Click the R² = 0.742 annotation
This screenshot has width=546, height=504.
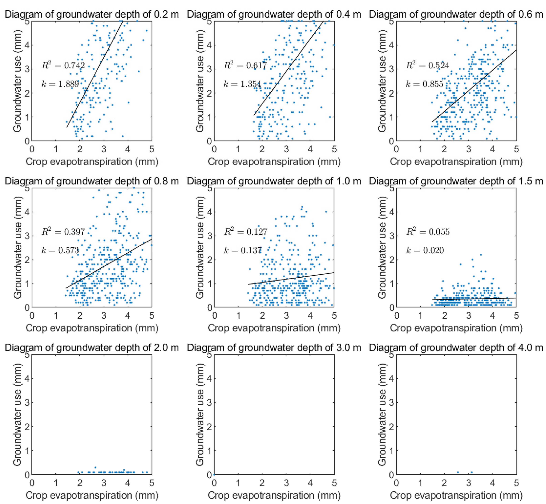click(x=63, y=65)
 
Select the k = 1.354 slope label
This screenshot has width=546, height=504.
click(x=242, y=84)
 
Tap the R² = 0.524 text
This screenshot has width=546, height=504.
click(x=427, y=65)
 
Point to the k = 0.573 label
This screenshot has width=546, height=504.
click(x=60, y=250)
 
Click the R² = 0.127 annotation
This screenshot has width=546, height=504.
click(x=246, y=232)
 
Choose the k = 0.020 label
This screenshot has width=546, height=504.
click(x=425, y=250)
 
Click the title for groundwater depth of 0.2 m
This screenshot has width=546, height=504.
click(x=92, y=14)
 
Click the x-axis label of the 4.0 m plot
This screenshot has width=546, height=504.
click(x=456, y=495)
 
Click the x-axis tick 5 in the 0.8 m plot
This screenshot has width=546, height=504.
click(x=152, y=315)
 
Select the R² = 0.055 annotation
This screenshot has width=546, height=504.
click(x=428, y=232)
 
